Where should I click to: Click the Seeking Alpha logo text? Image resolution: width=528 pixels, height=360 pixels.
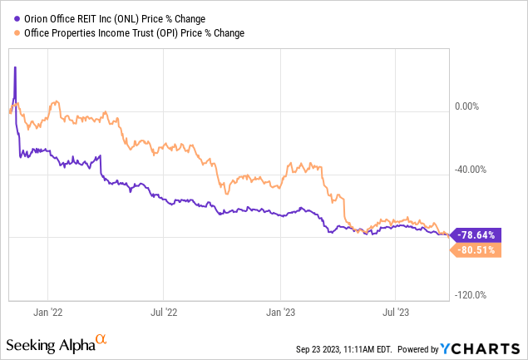click(50, 343)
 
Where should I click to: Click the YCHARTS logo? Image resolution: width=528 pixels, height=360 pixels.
click(487, 348)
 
